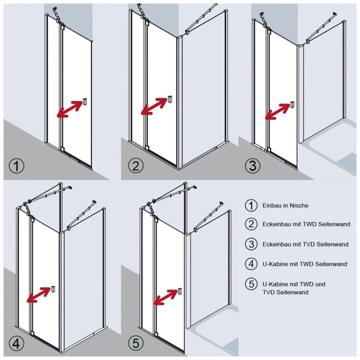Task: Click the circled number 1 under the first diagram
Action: (17, 166)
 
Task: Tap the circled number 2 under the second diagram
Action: (135, 166)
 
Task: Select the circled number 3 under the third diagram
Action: (252, 166)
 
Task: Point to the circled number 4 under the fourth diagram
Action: (17, 344)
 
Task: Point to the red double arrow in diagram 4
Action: (39, 296)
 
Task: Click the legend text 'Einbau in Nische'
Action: (285, 206)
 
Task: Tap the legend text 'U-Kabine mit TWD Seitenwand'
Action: (304, 264)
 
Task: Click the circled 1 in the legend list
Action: (250, 206)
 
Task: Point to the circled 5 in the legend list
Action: (250, 284)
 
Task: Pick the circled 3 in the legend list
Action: (250, 244)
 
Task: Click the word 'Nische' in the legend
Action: (298, 206)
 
